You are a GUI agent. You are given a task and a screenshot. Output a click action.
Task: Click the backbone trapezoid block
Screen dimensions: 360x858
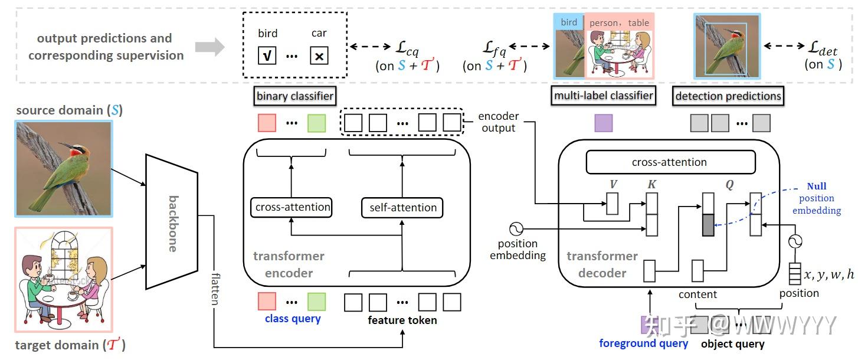pos(172,222)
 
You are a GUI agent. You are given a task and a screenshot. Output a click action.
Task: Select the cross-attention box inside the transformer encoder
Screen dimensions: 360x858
pos(292,207)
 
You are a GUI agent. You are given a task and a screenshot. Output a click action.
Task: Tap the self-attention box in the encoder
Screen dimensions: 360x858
pos(402,207)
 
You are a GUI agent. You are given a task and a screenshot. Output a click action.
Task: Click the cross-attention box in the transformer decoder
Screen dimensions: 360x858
pos(669,162)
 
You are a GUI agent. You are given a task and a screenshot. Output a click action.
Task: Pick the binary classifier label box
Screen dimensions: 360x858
pos(295,96)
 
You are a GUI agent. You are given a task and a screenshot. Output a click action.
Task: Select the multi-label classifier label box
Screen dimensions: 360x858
pos(603,96)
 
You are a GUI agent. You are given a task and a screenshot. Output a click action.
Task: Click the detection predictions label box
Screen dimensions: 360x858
pos(728,96)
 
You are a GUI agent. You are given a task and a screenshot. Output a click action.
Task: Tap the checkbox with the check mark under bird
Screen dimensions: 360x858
pos(267,55)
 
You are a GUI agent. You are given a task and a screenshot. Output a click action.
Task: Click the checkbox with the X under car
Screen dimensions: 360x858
pos(319,55)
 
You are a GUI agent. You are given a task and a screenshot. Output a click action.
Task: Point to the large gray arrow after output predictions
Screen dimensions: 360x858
pos(209,47)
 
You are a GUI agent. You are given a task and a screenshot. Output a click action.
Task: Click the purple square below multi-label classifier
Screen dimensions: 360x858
pos(603,123)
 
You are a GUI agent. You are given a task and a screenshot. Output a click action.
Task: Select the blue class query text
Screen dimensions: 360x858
pos(293,319)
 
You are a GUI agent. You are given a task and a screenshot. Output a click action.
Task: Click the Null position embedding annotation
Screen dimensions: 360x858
pos(817,198)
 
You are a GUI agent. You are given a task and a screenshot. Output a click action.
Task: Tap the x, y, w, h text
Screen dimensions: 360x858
pos(828,274)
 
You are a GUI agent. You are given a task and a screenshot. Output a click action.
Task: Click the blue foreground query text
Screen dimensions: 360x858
pos(643,343)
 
